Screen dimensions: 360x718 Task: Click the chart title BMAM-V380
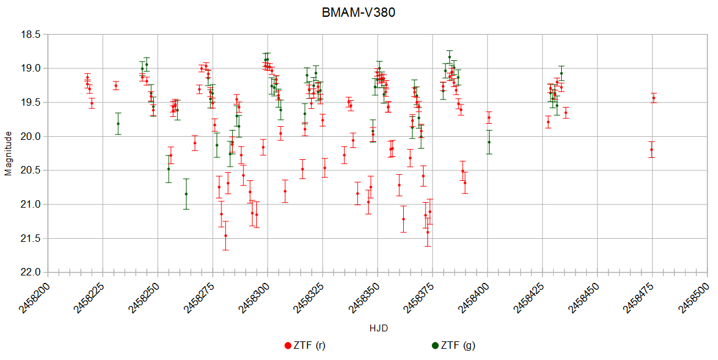click(358, 12)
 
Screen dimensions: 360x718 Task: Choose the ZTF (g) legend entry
click(457, 346)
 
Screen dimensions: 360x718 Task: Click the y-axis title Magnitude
click(8, 153)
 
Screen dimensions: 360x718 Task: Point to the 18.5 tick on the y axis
click(30, 34)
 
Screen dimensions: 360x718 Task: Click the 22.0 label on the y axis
click(30, 272)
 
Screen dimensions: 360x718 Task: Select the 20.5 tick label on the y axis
click(30, 170)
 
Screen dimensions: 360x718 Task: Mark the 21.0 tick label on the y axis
click(30, 205)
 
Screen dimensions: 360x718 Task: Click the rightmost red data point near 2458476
click(654, 98)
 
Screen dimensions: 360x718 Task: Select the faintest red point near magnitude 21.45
click(226, 236)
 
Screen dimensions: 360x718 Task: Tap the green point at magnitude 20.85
click(186, 194)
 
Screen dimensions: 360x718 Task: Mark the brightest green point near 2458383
click(449, 57)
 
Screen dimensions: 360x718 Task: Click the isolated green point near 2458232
click(118, 124)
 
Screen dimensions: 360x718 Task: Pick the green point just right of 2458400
click(489, 142)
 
